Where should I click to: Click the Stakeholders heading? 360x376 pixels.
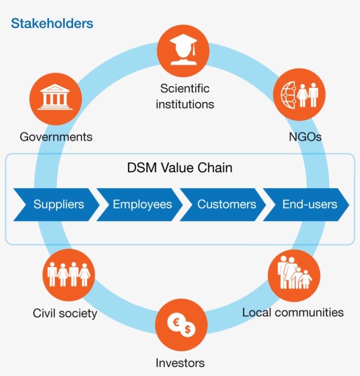pos(52,23)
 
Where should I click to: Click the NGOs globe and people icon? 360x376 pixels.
pos(299,94)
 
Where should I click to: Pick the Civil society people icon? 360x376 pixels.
pos(68,275)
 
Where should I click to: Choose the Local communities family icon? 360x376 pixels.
pos(294,275)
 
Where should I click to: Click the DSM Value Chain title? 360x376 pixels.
pos(180,168)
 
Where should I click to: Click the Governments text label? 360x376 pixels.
pos(56,137)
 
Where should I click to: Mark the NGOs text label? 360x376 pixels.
pos(305,137)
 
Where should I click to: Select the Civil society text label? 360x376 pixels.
pos(65,314)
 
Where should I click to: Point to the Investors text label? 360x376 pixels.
pos(180,363)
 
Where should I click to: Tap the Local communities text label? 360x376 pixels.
pos(293,313)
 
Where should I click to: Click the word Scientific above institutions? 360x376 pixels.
pos(185,88)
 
